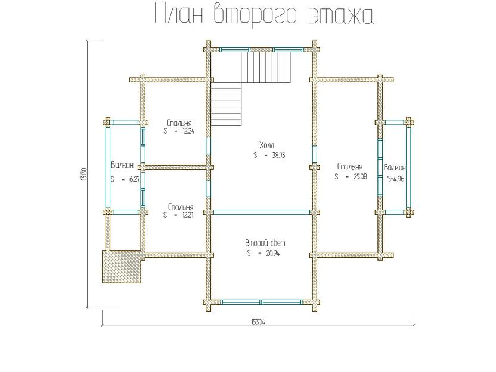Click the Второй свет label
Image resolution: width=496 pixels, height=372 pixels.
pyautogui.click(x=265, y=243)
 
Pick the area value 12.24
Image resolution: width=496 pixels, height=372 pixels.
pyautogui.click(x=187, y=131)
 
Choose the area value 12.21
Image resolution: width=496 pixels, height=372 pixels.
pyautogui.click(x=187, y=215)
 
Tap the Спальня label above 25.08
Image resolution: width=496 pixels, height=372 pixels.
pyautogui.click(x=350, y=167)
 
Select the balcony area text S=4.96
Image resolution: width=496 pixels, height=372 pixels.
pyautogui.click(x=396, y=178)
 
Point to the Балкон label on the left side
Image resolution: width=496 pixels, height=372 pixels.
pyautogui.click(x=122, y=165)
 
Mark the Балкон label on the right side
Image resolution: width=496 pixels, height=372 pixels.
pyautogui.click(x=395, y=167)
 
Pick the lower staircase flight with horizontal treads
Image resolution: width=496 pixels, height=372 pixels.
pyautogui.click(x=227, y=104)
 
